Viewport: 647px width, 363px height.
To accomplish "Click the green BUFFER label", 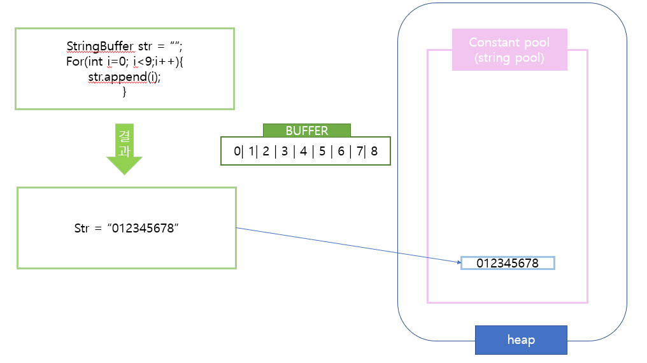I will pyautogui.click(x=306, y=131).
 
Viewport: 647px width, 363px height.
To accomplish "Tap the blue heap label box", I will pyautogui.click(x=520, y=339).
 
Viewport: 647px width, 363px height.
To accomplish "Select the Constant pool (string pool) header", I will pyautogui.click(x=509, y=50).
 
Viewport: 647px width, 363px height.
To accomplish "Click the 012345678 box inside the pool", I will pyautogui.click(x=508, y=263).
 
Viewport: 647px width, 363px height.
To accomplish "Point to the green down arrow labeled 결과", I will pyautogui.click(x=124, y=148).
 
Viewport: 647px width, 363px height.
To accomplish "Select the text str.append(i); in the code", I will pyautogui.click(x=124, y=77).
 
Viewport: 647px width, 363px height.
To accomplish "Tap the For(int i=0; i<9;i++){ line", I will pyautogui.click(x=124, y=62).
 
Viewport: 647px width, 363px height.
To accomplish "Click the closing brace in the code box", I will pyautogui.click(x=124, y=92).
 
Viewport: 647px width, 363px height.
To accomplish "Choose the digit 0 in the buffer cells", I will pyautogui.click(x=237, y=152).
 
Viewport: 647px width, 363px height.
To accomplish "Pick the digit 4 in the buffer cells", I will pyautogui.click(x=303, y=152).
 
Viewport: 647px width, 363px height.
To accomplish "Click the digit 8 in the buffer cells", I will pyautogui.click(x=374, y=152).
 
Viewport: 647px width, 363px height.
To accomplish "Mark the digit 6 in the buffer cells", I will pyautogui.click(x=341, y=152).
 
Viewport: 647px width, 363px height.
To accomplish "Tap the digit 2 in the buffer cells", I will pyautogui.click(x=266, y=152).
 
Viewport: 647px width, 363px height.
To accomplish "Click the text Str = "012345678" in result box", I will pyautogui.click(x=126, y=229).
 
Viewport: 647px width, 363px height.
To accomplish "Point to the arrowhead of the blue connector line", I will pyautogui.click(x=458, y=262).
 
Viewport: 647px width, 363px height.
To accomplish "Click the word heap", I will pyautogui.click(x=520, y=339).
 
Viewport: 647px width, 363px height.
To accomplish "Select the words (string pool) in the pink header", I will pyautogui.click(x=509, y=58).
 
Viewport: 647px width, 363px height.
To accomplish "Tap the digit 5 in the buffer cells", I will pyautogui.click(x=322, y=152).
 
